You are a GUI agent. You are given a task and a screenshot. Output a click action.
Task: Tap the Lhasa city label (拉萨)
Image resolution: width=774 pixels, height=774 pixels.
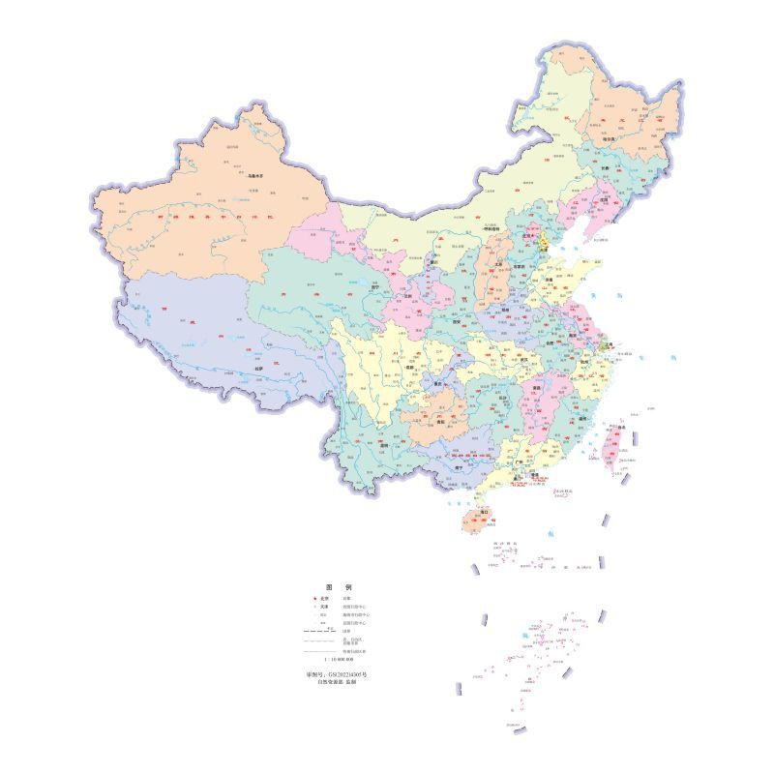[x=258, y=369]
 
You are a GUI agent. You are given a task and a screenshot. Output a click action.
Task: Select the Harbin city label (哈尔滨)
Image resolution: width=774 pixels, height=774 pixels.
[x=637, y=139]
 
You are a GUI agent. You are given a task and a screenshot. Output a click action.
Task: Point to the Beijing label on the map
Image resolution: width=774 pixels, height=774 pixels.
[x=528, y=233]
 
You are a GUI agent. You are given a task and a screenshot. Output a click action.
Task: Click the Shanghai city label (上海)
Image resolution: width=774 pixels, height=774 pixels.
[x=610, y=345]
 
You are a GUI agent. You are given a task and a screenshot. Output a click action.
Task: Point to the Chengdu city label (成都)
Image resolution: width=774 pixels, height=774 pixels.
[x=409, y=367]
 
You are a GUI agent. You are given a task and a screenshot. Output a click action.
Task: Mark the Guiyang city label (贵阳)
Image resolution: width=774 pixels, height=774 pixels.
[x=442, y=422]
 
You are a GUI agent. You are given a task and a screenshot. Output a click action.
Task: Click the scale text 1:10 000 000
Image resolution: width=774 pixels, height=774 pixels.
[x=339, y=658]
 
